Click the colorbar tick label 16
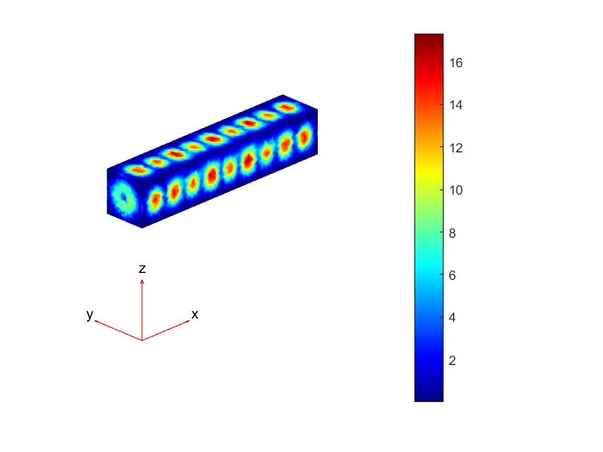[x=456, y=63]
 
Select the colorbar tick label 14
[x=456, y=105]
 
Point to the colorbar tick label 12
[x=456, y=147]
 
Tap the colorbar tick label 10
[x=456, y=190]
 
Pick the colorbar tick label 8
[x=452, y=232]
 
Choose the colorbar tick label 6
[x=452, y=276]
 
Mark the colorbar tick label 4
[x=452, y=318]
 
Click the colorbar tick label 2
[x=452, y=360]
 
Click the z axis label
[x=142, y=269]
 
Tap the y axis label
[x=90, y=314]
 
